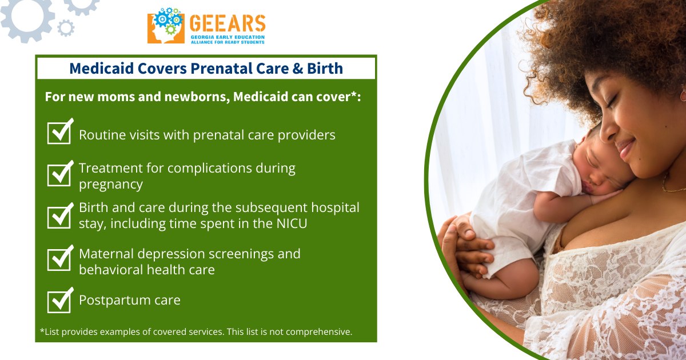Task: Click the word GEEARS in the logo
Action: (x=228, y=23)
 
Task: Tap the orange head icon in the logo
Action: (x=166, y=27)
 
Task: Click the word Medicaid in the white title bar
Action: (x=102, y=68)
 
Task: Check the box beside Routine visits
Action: (x=60, y=131)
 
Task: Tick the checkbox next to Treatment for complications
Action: (x=60, y=174)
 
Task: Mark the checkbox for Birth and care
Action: (x=60, y=216)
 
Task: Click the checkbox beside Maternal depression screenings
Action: (x=60, y=258)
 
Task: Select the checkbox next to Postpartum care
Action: (x=60, y=301)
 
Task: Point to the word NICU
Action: (x=292, y=223)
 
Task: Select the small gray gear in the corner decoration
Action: (x=66, y=28)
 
